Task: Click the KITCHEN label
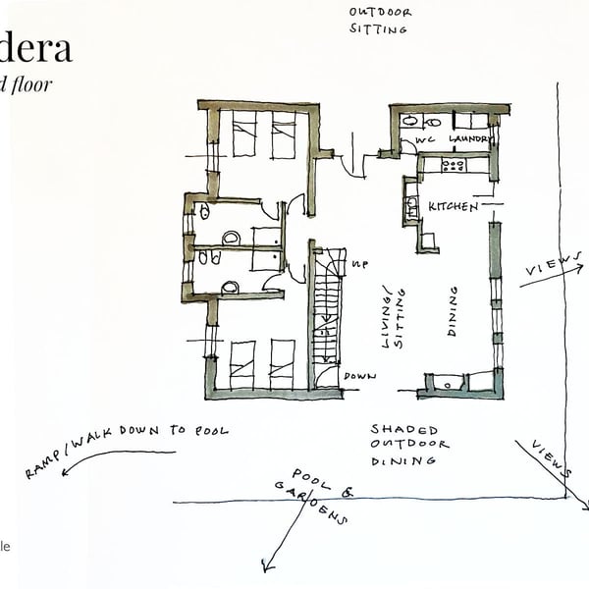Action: [x=453, y=207]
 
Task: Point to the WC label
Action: [x=424, y=140]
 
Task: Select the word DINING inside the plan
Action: [x=454, y=312]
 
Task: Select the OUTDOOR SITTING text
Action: [x=380, y=21]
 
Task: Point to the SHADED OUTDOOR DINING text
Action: [x=409, y=444]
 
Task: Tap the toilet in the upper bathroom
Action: [x=231, y=238]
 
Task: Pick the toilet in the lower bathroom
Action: [x=230, y=287]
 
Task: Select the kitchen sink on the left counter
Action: [x=411, y=207]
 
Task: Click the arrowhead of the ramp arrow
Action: [x=64, y=472]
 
